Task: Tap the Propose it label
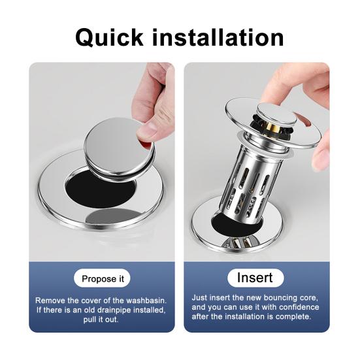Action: [x=103, y=279]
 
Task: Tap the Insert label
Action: [x=255, y=278]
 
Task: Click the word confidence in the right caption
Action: [x=297, y=307]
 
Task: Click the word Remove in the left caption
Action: [x=51, y=300]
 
